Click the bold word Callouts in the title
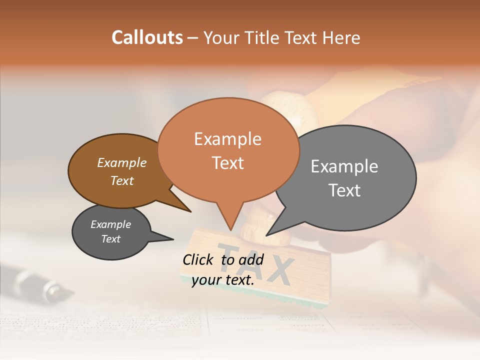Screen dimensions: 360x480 [x=147, y=37]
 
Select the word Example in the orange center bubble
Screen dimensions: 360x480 [x=228, y=139]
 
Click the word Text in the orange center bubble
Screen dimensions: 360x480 [x=228, y=163]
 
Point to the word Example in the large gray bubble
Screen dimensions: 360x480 [x=344, y=166]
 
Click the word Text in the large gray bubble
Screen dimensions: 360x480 [x=344, y=190]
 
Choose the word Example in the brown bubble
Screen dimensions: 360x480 [x=122, y=162]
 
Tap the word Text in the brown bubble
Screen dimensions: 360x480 [x=122, y=180]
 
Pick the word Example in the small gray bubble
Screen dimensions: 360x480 [x=111, y=224]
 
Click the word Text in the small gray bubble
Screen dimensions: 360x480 [x=111, y=239]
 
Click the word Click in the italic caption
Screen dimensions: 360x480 [x=198, y=259]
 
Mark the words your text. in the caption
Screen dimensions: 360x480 [x=223, y=280]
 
